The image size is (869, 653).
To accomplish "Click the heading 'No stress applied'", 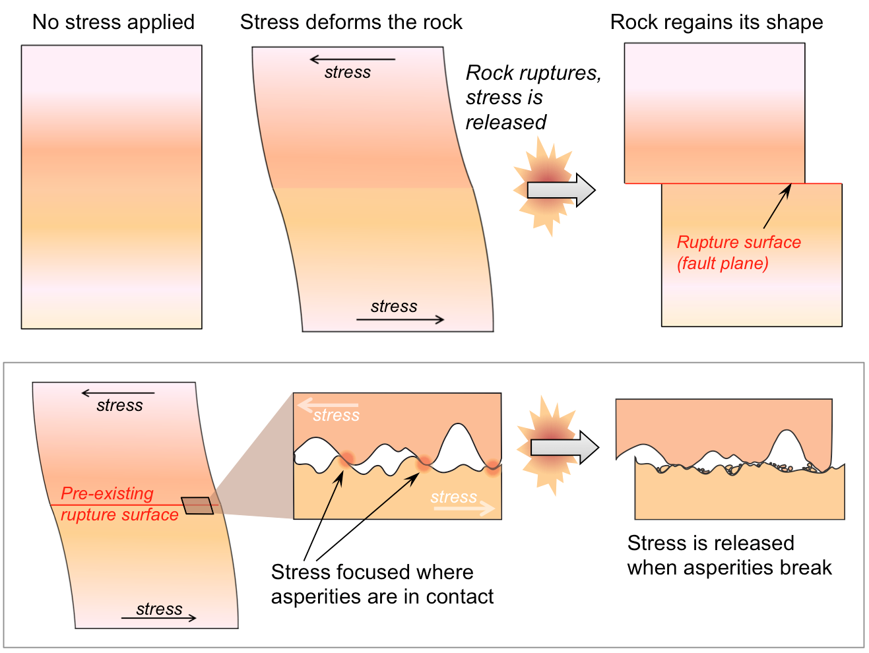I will (x=113, y=22).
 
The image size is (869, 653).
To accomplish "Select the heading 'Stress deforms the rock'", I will (x=351, y=22).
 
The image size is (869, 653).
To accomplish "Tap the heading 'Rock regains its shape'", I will (x=717, y=22).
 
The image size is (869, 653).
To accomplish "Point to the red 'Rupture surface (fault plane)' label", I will (x=738, y=253).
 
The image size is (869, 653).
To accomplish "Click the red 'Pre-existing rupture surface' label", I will (x=119, y=504).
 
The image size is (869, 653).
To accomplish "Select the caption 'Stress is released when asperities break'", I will (x=729, y=555).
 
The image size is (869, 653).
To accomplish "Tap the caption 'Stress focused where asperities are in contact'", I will (x=382, y=584).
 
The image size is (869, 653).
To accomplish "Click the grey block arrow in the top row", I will (x=561, y=190).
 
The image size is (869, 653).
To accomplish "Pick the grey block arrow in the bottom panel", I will (x=564, y=447).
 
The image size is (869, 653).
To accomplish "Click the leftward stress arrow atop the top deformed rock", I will (x=352, y=59).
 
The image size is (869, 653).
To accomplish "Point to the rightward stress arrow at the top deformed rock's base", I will (x=400, y=320).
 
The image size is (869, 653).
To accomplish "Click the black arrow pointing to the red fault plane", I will (x=777, y=206).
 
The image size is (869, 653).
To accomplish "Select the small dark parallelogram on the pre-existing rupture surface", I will (x=197, y=505).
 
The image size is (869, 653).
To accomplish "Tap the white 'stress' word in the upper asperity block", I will (x=336, y=416).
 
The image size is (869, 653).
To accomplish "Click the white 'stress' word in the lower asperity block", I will (x=453, y=497).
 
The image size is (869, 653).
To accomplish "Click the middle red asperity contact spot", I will (x=423, y=462).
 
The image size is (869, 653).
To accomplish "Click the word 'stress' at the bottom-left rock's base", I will (x=159, y=609).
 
